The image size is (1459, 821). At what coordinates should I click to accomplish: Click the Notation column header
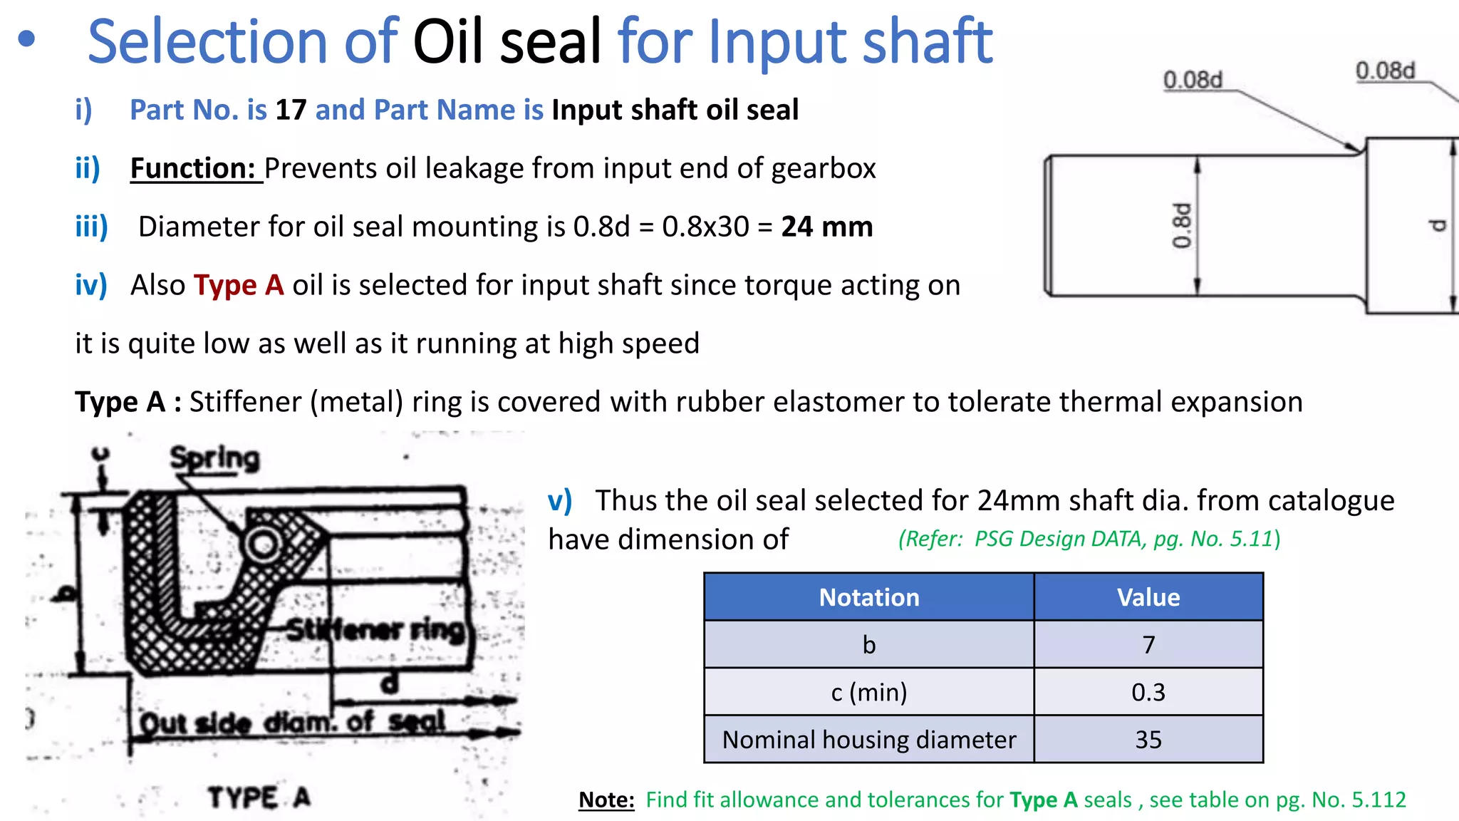point(868,597)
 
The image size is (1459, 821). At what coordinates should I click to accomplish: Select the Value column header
point(1148,597)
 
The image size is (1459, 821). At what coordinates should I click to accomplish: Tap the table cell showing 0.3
point(1148,692)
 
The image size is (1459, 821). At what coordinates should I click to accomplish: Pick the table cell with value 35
point(1148,740)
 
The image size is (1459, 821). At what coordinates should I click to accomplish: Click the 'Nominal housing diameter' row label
point(868,740)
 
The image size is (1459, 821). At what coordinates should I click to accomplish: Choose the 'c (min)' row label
point(868,692)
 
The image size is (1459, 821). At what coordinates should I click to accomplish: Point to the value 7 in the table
point(1148,645)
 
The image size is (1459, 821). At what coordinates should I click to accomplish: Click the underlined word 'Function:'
point(192,169)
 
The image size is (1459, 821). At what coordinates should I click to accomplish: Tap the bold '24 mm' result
point(826,227)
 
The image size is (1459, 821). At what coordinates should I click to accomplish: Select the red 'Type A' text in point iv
point(239,285)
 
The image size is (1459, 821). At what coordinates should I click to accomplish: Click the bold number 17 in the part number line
point(291,110)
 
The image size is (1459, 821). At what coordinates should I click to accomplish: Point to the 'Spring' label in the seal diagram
point(214,458)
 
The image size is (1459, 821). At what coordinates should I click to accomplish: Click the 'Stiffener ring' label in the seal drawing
point(375,629)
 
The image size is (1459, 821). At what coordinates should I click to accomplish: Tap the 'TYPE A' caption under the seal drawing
point(259,797)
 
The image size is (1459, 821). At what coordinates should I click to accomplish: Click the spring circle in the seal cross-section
point(263,545)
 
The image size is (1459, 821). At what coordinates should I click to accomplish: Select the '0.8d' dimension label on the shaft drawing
point(1181,226)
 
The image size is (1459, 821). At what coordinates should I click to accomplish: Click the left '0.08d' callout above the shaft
point(1192,80)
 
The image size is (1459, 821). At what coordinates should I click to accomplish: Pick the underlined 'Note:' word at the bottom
point(606,800)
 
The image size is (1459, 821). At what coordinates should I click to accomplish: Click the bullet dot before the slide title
point(26,39)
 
